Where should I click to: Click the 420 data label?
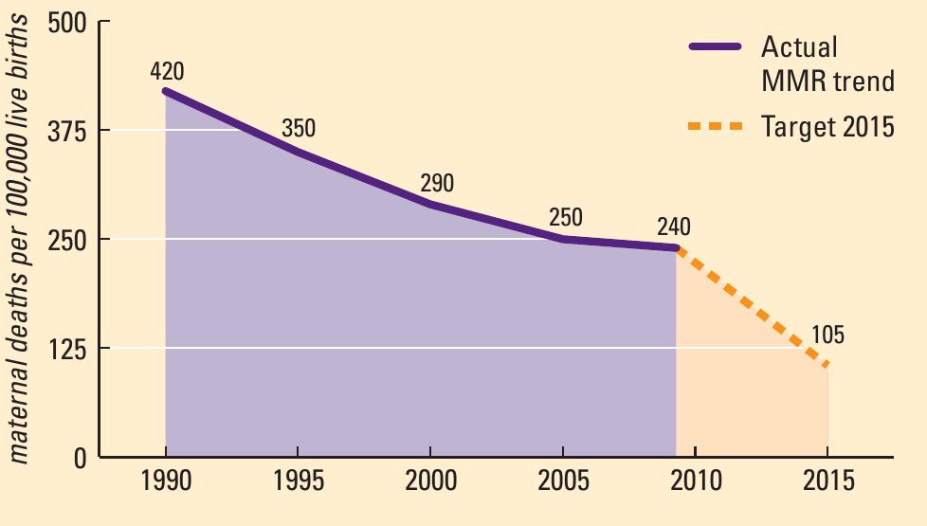click(166, 71)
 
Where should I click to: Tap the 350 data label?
click(298, 128)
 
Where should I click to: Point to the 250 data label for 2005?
click(566, 217)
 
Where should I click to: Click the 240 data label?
click(673, 227)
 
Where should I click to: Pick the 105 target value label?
click(827, 336)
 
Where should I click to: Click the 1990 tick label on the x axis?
click(165, 481)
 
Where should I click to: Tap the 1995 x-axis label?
click(298, 481)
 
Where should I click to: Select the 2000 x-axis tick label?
click(431, 481)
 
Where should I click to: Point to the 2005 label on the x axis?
click(564, 481)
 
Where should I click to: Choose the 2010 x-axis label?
click(696, 481)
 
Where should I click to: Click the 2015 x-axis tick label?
click(828, 481)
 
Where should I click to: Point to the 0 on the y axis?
click(80, 459)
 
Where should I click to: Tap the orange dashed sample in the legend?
click(716, 125)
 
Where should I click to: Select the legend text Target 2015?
click(827, 126)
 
